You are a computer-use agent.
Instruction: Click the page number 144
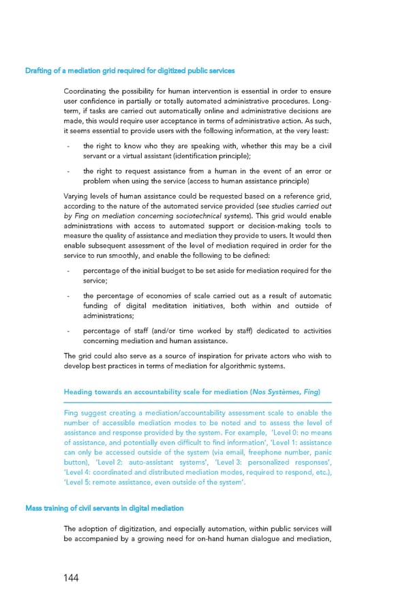click(x=69, y=578)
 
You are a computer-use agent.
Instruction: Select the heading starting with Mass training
click(x=104, y=508)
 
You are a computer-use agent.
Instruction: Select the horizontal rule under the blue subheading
click(x=197, y=403)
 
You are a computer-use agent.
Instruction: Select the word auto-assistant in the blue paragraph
click(x=150, y=463)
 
